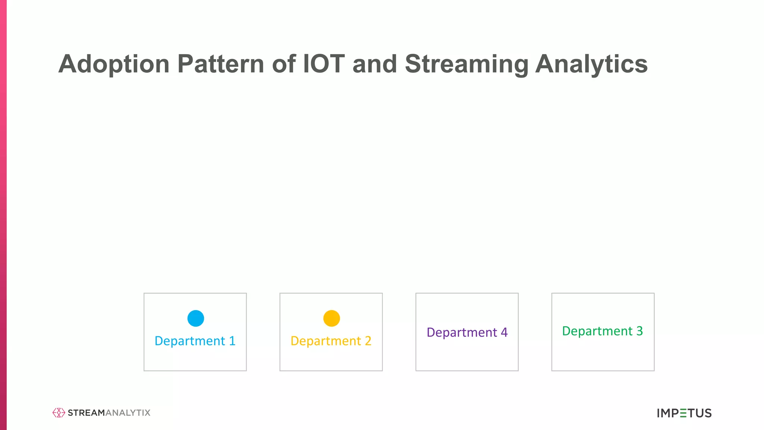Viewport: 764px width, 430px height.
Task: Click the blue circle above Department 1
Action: [195, 318]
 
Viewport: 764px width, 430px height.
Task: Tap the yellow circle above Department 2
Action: [331, 318]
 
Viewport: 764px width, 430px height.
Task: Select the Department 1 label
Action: [195, 341]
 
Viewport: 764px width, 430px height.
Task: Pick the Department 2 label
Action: [331, 341]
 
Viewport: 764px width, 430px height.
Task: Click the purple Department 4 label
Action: [467, 332]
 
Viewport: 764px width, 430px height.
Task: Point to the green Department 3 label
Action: [602, 331]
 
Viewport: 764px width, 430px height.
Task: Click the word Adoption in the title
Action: [114, 64]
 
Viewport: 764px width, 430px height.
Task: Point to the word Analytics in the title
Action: [591, 64]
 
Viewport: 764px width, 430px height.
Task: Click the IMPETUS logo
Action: [684, 413]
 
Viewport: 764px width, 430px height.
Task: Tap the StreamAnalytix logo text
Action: [109, 413]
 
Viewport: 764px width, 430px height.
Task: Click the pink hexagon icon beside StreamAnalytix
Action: [59, 412]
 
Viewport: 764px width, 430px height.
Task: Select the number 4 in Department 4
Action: [504, 332]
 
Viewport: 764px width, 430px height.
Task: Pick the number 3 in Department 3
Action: [639, 331]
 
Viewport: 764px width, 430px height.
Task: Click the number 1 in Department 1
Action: [232, 341]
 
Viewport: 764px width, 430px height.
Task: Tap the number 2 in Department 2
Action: [368, 341]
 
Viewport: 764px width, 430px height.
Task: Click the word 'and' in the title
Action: [375, 64]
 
